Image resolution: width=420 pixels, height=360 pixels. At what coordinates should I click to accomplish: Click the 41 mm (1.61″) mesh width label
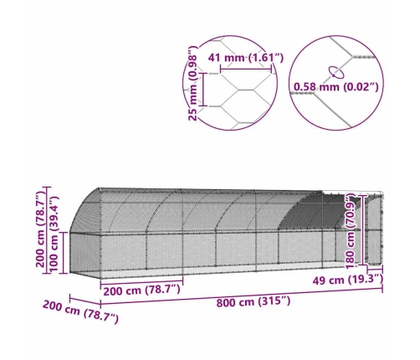click(x=246, y=58)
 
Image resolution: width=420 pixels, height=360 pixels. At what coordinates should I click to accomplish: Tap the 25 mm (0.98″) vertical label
click(x=193, y=84)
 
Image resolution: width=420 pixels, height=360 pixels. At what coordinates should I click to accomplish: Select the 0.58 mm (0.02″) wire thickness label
click(x=336, y=87)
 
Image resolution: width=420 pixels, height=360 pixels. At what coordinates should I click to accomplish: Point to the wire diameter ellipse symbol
click(x=336, y=72)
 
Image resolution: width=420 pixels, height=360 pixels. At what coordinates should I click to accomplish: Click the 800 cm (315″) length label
click(x=254, y=301)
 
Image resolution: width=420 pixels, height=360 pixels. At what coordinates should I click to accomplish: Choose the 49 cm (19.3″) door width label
click(x=347, y=280)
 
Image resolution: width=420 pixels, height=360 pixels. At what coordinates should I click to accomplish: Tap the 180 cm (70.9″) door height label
click(x=351, y=232)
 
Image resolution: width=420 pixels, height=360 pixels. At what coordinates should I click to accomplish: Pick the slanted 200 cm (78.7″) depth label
click(x=80, y=312)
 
